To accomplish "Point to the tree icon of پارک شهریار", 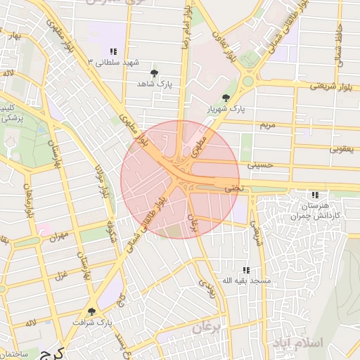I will pos(226,98).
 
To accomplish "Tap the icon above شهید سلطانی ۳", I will pos(112,51).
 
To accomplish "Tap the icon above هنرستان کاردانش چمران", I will pos(315,195).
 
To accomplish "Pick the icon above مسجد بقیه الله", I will pos(245,270).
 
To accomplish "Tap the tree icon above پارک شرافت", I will pos(91,311).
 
